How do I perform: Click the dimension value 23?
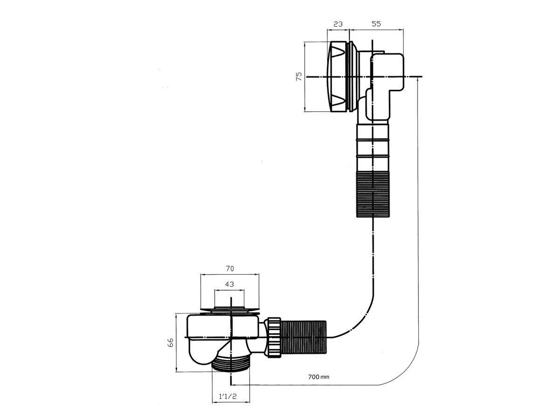pos(338,24)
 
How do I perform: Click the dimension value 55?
pos(376,24)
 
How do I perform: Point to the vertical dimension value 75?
pos(299,76)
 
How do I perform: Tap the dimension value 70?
pos(230,269)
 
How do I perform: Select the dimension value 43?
pos(229,284)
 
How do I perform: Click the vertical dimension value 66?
pos(170,342)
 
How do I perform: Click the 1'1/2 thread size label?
pos(228,404)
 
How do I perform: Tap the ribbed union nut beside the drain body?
pos(273,338)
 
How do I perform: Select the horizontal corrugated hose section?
pos(303,338)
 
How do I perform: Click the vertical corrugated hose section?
pos(373,194)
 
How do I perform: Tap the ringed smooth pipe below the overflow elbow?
pos(373,148)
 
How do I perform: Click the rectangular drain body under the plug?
pos(223,327)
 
